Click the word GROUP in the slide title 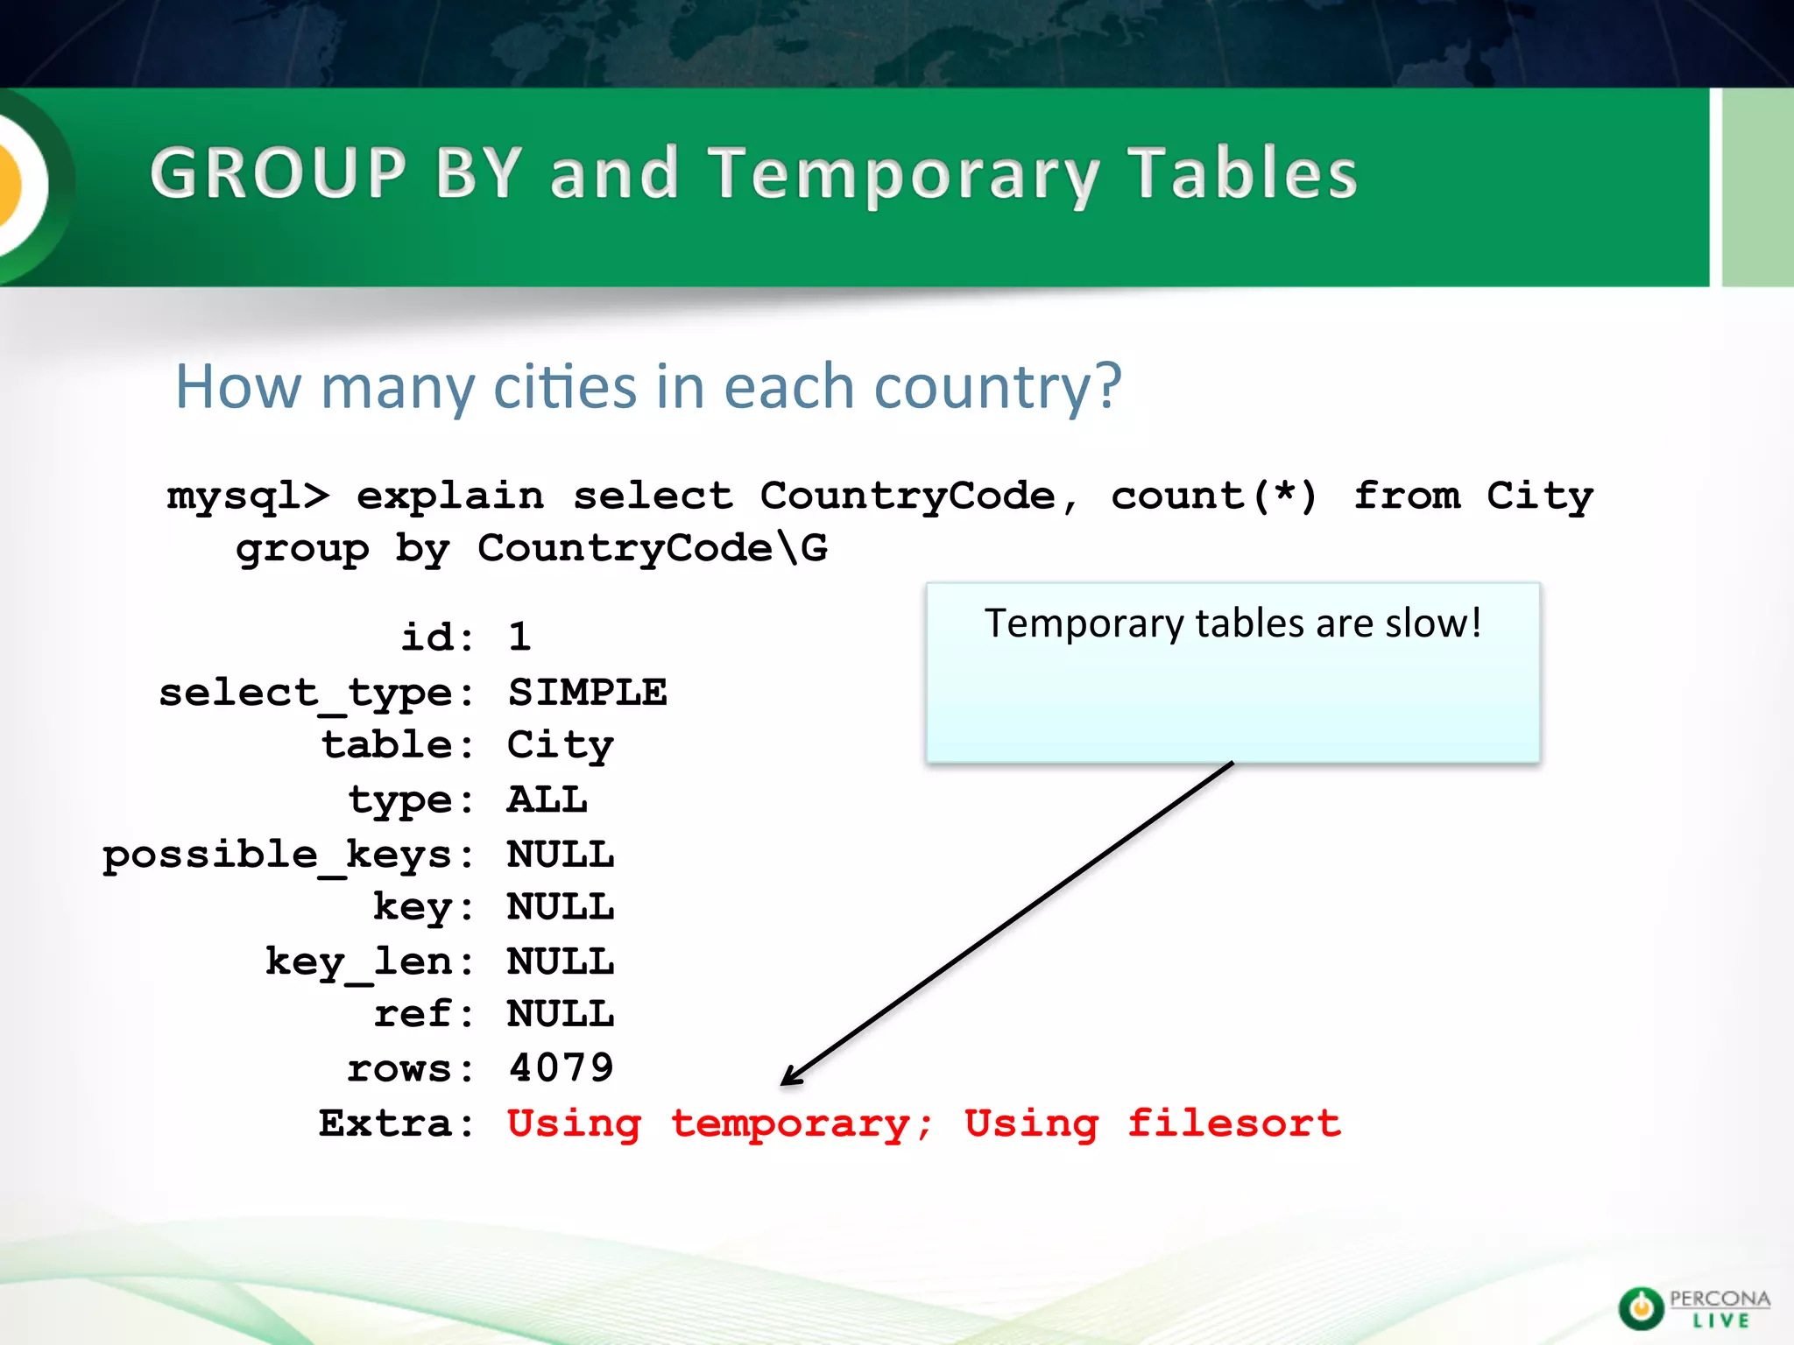click(x=279, y=173)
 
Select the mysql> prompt click(x=248, y=496)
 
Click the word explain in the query click(x=450, y=496)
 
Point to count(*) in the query click(x=1214, y=496)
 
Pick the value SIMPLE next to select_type click(x=587, y=693)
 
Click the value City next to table click(x=560, y=746)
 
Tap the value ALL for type click(x=547, y=800)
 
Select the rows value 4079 click(x=561, y=1068)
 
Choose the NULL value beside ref click(x=561, y=1015)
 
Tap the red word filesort click(x=1233, y=1123)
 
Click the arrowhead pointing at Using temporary click(x=790, y=1077)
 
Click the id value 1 click(x=519, y=637)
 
